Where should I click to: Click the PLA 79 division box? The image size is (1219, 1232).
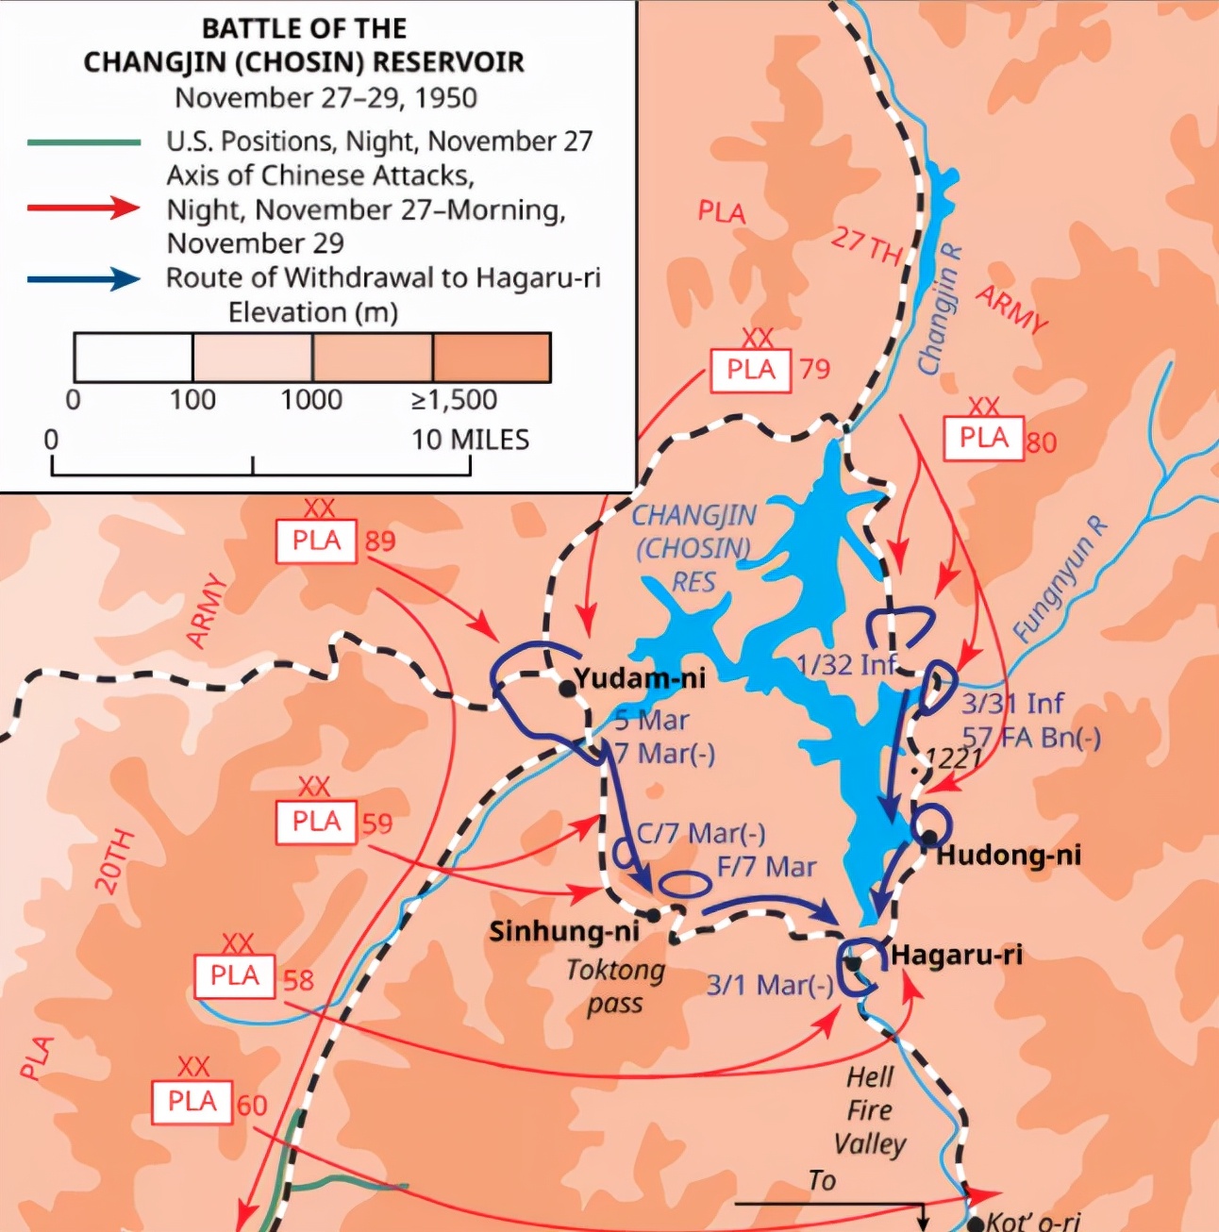(750, 370)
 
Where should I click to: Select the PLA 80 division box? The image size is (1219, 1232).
(984, 438)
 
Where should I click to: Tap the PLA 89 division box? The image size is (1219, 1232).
(316, 541)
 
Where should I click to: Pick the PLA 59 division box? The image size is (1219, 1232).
(316, 822)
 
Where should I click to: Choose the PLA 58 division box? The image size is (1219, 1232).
(234, 975)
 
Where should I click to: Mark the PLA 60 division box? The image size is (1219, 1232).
(192, 1101)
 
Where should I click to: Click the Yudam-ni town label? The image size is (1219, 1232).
(640, 677)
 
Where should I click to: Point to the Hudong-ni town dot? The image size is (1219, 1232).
(929, 837)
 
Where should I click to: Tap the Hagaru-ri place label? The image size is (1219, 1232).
(957, 955)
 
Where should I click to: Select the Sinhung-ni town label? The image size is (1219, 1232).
(563, 931)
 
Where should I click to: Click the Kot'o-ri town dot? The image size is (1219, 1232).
(976, 1224)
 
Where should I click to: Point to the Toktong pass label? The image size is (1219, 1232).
(615, 986)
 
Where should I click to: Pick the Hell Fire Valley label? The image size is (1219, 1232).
(870, 1110)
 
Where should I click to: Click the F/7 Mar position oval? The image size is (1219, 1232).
(684, 884)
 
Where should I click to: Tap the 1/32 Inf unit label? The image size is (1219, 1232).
(845, 664)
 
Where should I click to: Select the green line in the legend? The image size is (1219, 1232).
(84, 142)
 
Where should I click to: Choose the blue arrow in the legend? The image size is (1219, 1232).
(84, 279)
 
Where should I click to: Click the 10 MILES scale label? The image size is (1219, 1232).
(470, 440)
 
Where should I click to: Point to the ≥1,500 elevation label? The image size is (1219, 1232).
(454, 400)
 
